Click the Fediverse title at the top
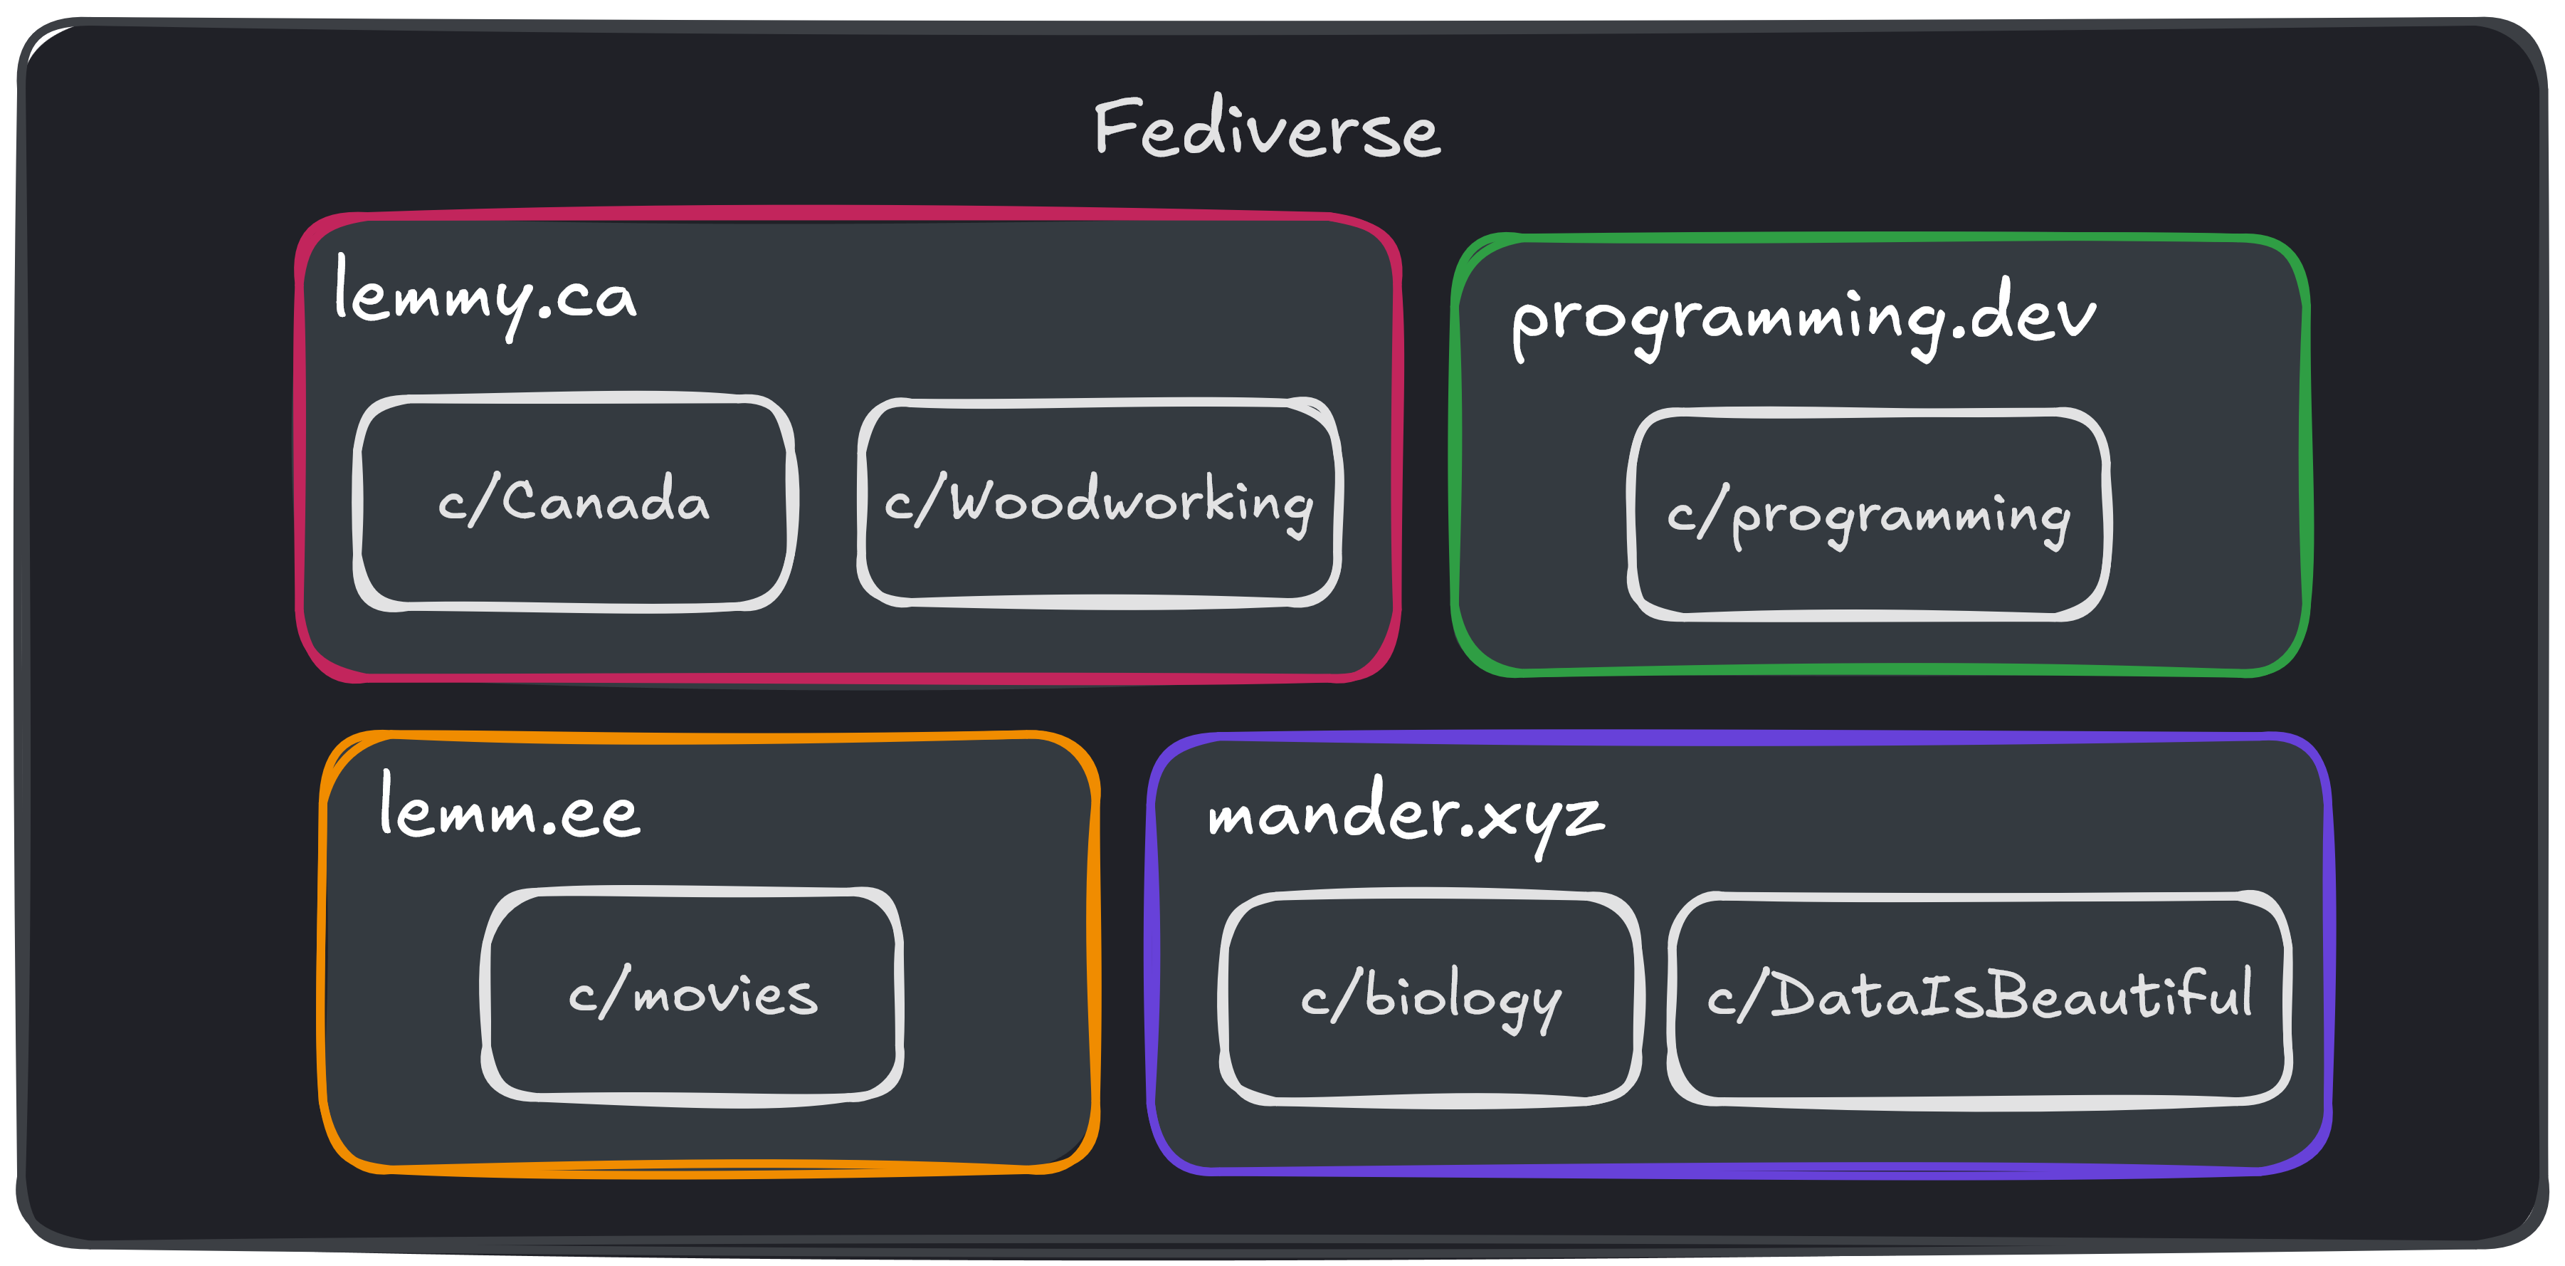point(1267,130)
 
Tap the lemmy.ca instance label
point(485,295)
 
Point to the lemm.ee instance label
point(509,809)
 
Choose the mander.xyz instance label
point(1405,815)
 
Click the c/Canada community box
point(574,502)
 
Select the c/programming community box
point(1868,515)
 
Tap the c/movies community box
point(692,994)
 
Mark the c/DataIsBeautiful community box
point(1979,997)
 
